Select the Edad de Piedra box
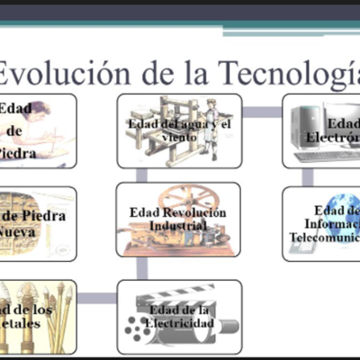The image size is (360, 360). pos(36,130)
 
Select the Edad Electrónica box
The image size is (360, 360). pos(321,130)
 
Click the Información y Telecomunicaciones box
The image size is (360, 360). pos(321,224)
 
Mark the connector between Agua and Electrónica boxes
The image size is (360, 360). pos(262,112)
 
